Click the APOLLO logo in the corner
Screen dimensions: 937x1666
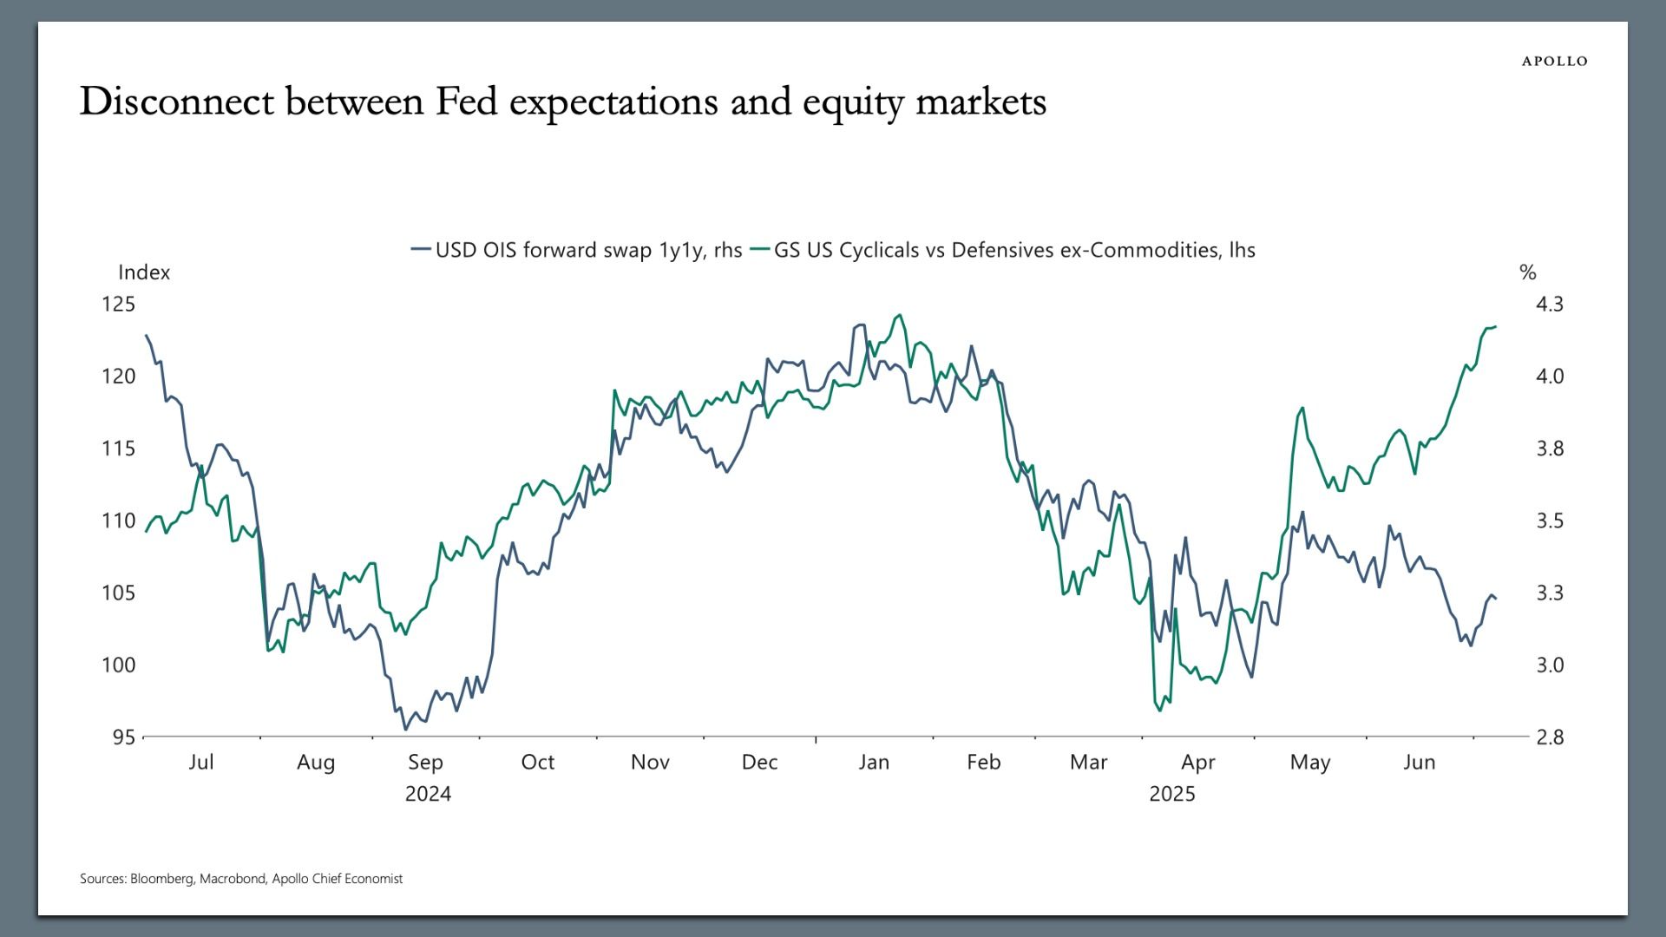pyautogui.click(x=1554, y=61)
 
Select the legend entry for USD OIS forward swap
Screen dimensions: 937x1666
pyautogui.click(x=577, y=250)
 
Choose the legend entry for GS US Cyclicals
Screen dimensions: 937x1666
pyautogui.click(x=1003, y=250)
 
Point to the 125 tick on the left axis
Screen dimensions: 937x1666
pyautogui.click(x=119, y=304)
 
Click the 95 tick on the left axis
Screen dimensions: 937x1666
pyautogui.click(x=124, y=737)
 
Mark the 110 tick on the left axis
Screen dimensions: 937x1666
pyautogui.click(x=119, y=521)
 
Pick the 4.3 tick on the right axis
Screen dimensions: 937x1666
pyautogui.click(x=1550, y=304)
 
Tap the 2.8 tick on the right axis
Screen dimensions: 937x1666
pyautogui.click(x=1550, y=737)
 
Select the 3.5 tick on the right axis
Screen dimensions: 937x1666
pyautogui.click(x=1550, y=521)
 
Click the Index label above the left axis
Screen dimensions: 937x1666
pyautogui.click(x=144, y=272)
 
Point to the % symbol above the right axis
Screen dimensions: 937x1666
pyautogui.click(x=1528, y=272)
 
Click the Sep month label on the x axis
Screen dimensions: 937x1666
pyautogui.click(x=425, y=762)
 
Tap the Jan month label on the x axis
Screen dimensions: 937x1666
pyautogui.click(x=874, y=762)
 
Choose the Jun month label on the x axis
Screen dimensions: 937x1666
pyautogui.click(x=1420, y=762)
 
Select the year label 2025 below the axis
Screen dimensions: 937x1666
pyautogui.click(x=1172, y=794)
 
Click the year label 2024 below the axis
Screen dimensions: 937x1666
pyautogui.click(x=428, y=794)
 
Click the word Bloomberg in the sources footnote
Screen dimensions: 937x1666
pyautogui.click(x=162, y=879)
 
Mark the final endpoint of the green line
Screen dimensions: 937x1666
pyautogui.click(x=1496, y=326)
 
